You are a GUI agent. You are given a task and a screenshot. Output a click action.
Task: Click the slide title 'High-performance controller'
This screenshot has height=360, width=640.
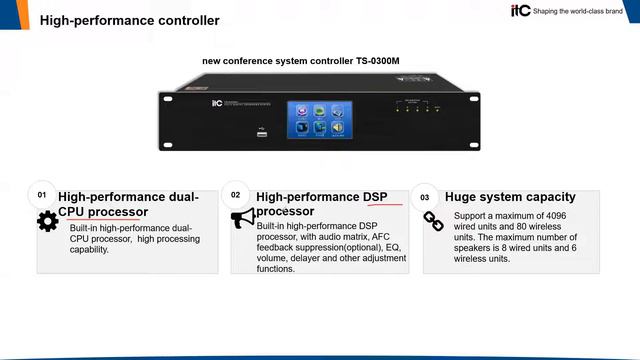(x=129, y=20)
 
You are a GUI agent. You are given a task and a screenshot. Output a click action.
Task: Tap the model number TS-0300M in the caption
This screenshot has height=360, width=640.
(x=377, y=61)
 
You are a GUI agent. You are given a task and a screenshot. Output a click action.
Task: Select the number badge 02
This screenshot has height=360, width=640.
(x=235, y=195)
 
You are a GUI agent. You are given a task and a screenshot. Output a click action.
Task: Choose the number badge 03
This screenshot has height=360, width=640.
(x=424, y=198)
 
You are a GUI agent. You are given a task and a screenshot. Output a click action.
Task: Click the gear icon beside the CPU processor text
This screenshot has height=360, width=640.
(x=47, y=222)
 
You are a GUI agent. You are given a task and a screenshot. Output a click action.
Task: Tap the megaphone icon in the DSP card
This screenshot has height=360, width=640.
(x=243, y=219)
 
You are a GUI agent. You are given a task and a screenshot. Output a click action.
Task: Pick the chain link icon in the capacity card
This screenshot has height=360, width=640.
(x=434, y=221)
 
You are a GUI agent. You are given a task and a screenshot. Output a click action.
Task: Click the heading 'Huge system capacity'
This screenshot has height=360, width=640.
(x=510, y=197)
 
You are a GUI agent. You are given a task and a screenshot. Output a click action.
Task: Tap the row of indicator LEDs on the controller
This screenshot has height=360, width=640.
(x=411, y=108)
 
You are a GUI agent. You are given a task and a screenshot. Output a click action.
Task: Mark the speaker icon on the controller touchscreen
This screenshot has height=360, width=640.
(x=338, y=128)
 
